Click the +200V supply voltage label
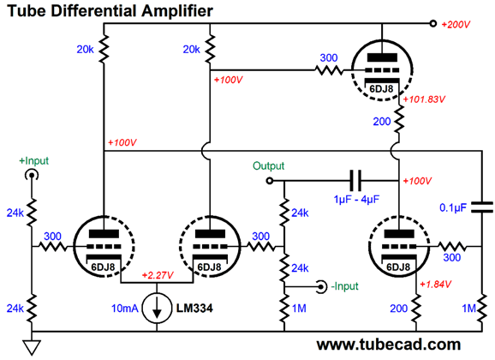click(x=456, y=24)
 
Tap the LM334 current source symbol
click(x=157, y=308)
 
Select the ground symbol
click(x=32, y=348)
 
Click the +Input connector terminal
click(x=32, y=175)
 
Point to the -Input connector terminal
click(x=322, y=287)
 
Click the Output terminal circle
click(x=269, y=181)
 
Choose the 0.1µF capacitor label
click(x=453, y=207)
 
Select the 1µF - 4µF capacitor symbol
click(x=355, y=181)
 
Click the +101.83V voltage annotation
click(x=424, y=99)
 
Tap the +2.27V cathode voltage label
click(x=158, y=275)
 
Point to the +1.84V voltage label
click(x=435, y=285)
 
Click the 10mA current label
click(x=125, y=309)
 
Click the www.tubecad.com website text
click(x=389, y=345)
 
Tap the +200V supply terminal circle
click(x=433, y=23)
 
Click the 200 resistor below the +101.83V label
click(x=399, y=120)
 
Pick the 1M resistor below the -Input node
click(x=284, y=309)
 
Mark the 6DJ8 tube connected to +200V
click(x=382, y=70)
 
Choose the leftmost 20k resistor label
click(x=86, y=50)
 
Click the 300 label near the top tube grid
click(x=329, y=57)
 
